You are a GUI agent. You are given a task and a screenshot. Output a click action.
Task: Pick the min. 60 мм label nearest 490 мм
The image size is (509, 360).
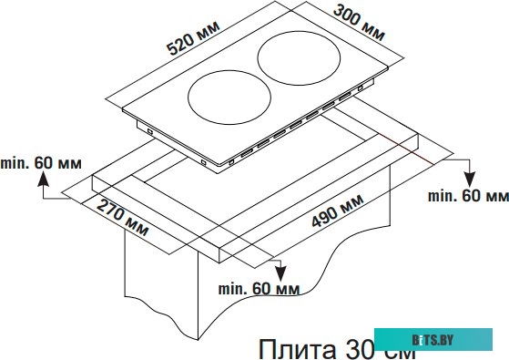point(468,196)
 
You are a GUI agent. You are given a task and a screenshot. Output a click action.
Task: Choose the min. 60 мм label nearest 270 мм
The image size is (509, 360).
point(259,289)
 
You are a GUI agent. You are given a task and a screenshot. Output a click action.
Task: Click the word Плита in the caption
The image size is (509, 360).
point(285,346)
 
